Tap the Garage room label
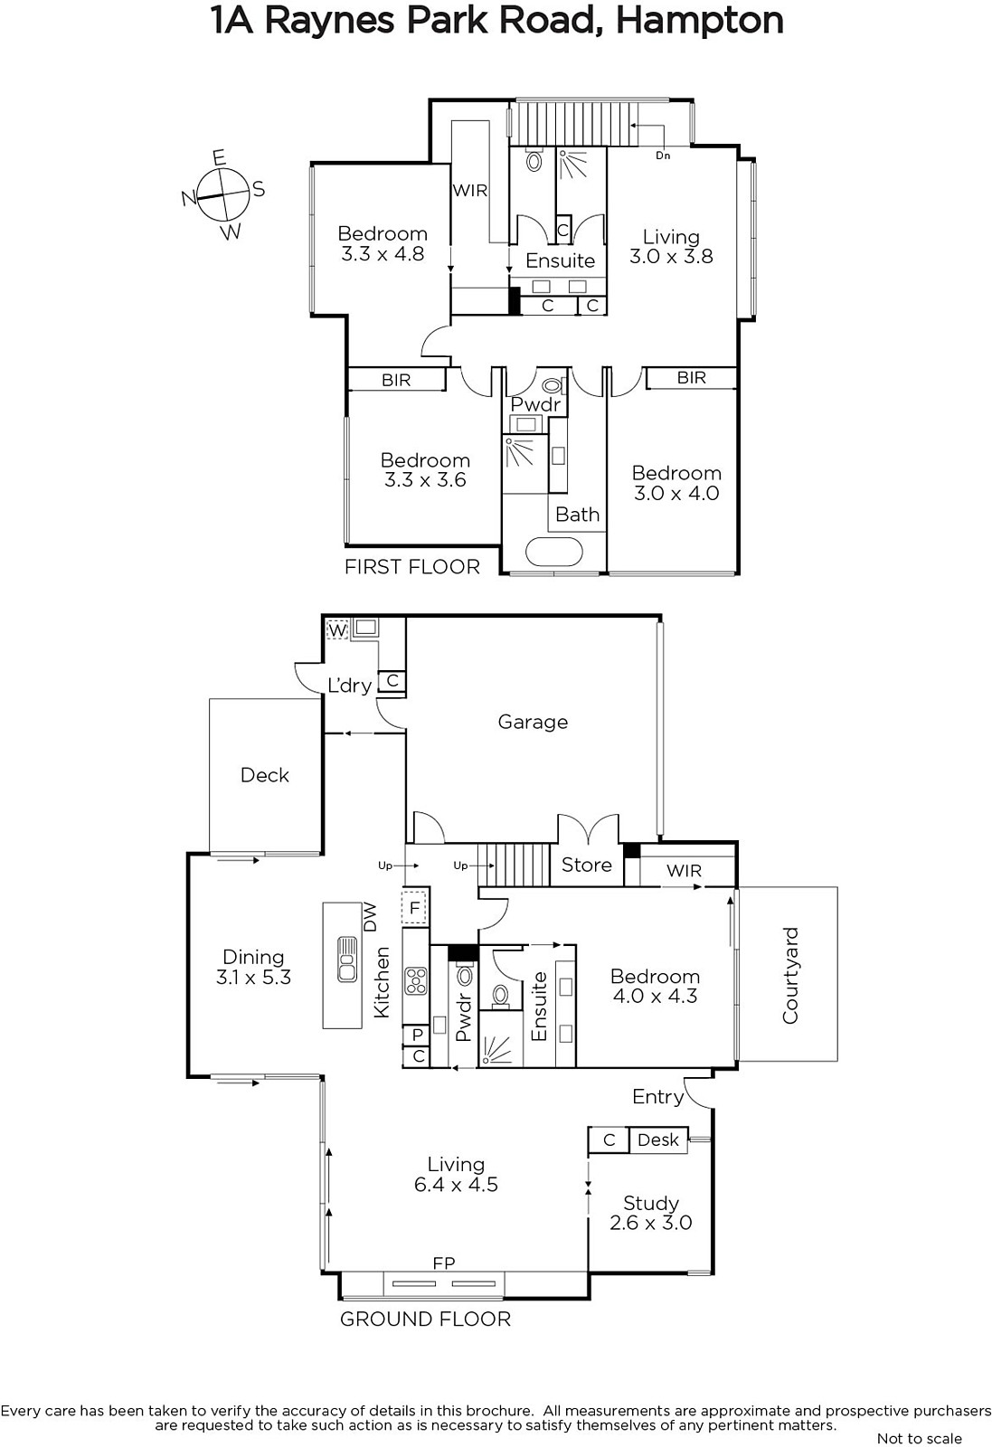pos(533,722)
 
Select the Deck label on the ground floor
pos(265,774)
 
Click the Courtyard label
pos(790,976)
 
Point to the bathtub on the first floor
pos(554,553)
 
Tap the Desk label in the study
pos(658,1140)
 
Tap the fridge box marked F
pos(415,908)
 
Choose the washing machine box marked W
pos(338,629)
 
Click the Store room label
pos(586,865)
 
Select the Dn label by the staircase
pos(663,156)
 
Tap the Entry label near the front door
pos(657,1097)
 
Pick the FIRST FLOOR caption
pos(412,567)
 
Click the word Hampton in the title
pos(700,22)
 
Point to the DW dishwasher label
pos(370,917)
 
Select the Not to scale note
pos(920,1438)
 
